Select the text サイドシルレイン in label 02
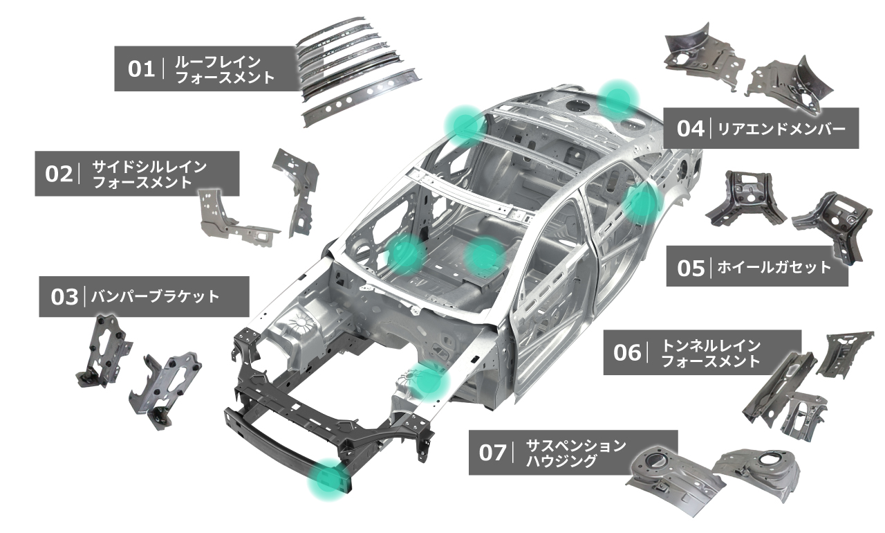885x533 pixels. [149, 167]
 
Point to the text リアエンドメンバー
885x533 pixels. [781, 128]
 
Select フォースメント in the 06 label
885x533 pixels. [711, 361]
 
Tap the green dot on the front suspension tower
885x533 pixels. [431, 379]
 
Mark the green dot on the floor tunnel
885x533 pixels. [485, 255]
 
